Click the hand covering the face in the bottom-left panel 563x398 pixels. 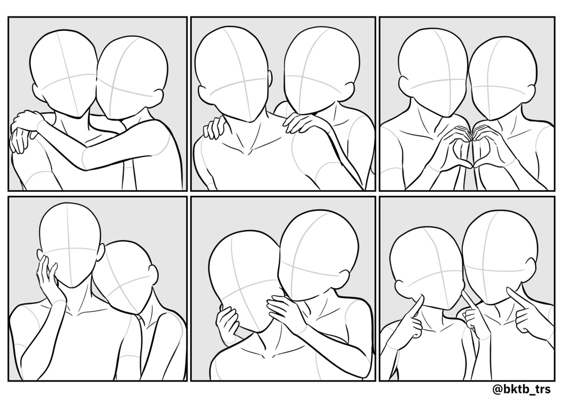48,278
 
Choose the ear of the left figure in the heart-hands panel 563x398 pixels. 404,85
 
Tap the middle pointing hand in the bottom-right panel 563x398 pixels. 472,313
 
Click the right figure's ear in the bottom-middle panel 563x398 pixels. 343,277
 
